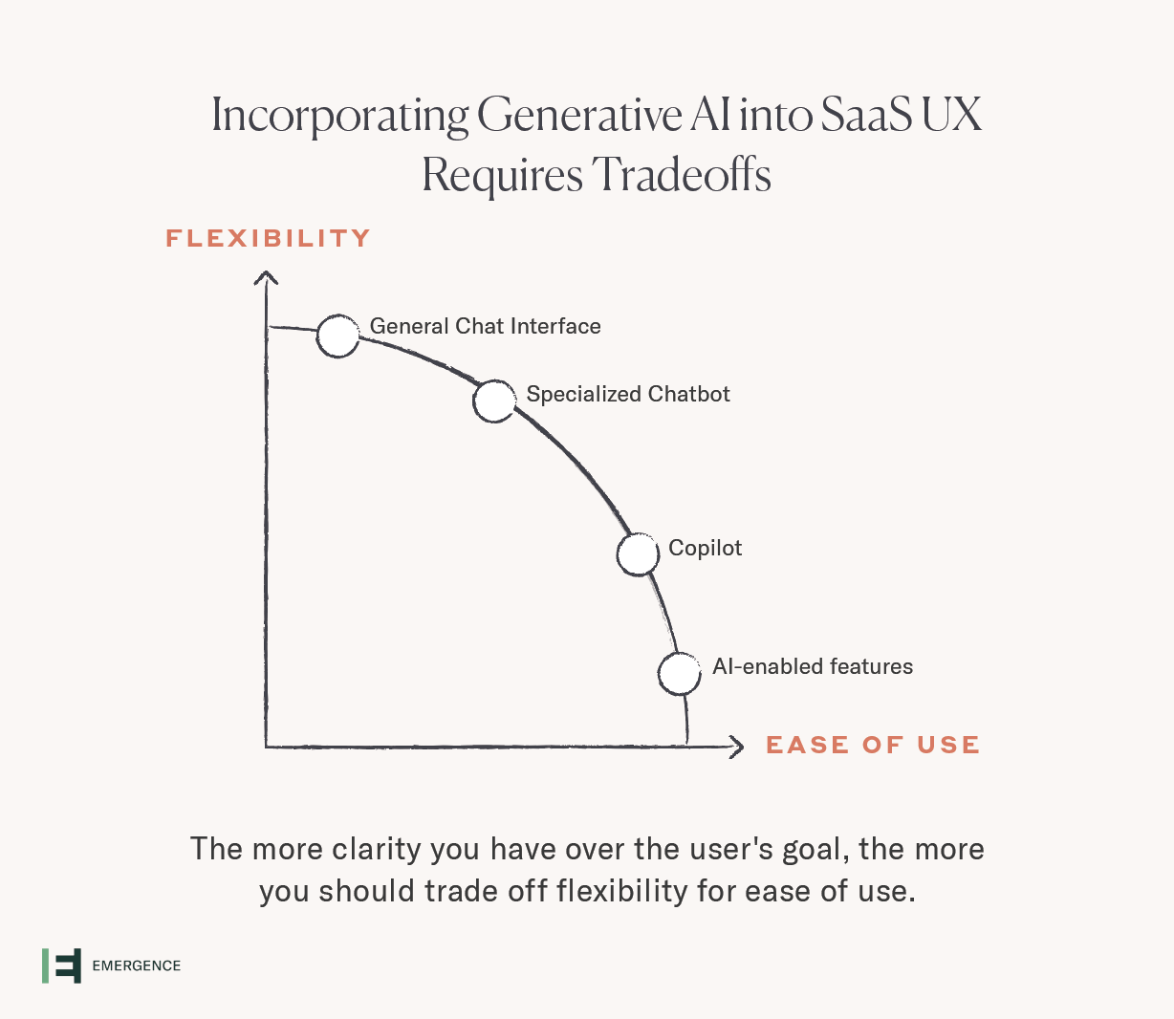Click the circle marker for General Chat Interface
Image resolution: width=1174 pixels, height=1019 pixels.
[338, 336]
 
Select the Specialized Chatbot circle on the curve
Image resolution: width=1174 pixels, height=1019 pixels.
[494, 401]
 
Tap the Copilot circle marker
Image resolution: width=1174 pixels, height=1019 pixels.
[638, 554]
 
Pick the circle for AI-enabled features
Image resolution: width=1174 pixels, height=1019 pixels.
[680, 674]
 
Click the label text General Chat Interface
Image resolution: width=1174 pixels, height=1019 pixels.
[485, 326]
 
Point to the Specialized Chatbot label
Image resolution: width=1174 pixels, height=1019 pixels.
[628, 395]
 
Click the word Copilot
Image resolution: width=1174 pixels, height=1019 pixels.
[706, 549]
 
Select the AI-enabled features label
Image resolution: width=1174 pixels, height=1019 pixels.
[813, 666]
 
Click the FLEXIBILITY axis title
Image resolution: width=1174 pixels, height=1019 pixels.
[268, 238]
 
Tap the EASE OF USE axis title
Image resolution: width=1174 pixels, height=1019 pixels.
[873, 745]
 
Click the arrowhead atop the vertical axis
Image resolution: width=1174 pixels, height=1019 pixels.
[266, 277]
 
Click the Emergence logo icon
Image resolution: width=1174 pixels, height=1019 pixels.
[61, 965]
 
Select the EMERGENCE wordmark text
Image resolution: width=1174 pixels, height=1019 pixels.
[137, 965]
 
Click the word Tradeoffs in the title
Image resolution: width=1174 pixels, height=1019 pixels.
[681, 175]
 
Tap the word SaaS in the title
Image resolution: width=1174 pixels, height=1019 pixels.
[866, 115]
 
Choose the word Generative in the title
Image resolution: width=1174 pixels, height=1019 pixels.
[579, 116]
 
